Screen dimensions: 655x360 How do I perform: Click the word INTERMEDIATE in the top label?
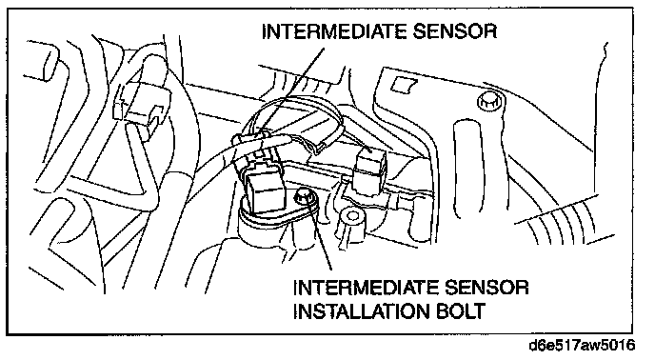(334, 31)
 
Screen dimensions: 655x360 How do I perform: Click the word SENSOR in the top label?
(455, 31)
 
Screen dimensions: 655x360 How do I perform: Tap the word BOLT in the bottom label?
(461, 310)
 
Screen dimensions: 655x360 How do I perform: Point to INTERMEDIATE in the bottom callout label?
(366, 288)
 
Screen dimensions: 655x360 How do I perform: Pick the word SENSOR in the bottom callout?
(486, 288)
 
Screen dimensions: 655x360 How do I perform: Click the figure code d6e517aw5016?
(582, 346)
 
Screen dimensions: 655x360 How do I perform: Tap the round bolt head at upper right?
(489, 102)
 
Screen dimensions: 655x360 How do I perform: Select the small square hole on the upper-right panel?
(405, 86)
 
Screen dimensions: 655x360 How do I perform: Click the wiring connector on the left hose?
(142, 106)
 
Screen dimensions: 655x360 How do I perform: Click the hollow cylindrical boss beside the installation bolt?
(351, 221)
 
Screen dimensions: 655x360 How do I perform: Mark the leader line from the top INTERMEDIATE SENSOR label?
(293, 91)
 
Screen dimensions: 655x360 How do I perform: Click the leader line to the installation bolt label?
(321, 233)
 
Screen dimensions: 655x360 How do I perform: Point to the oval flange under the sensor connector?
(277, 212)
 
